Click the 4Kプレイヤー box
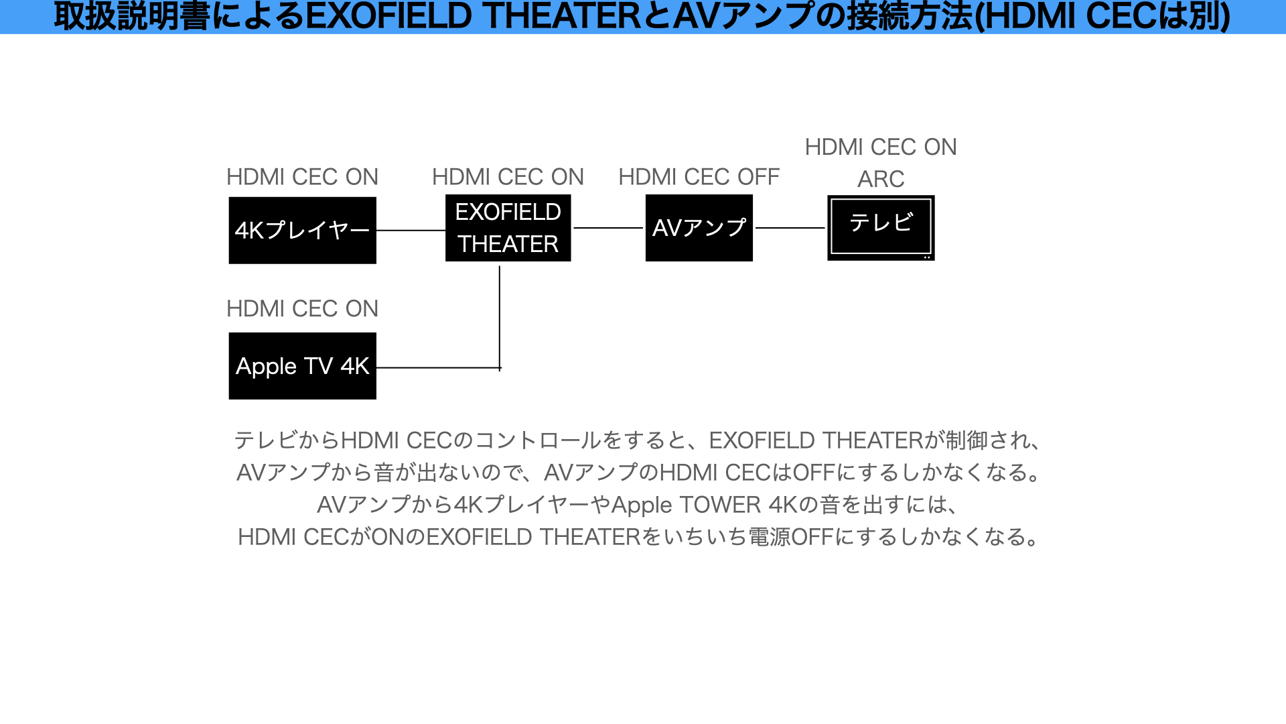coord(302,230)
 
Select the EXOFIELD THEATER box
coord(508,228)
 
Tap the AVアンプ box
coord(699,228)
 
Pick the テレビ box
coord(881,227)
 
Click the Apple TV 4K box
coord(302,366)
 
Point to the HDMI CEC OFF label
coord(699,177)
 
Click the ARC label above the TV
coord(881,179)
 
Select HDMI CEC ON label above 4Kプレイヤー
coord(302,177)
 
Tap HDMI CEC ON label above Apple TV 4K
coord(302,308)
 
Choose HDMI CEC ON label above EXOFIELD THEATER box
coord(508,177)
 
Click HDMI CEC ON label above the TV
coord(881,147)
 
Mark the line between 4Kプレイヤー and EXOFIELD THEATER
coord(411,230)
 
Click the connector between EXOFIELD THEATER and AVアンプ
coord(608,228)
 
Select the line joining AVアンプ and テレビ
coord(790,228)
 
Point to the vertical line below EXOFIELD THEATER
coord(500,315)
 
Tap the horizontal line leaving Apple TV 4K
coord(435,367)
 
